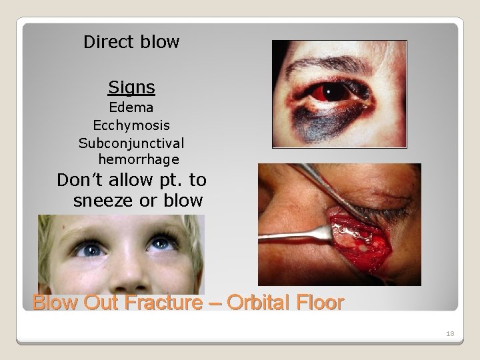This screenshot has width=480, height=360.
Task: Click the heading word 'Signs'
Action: (x=131, y=87)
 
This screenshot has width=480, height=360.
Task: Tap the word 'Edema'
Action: (x=131, y=107)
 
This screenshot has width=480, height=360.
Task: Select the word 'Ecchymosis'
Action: (x=131, y=125)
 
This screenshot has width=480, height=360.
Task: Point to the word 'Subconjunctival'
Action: (x=131, y=142)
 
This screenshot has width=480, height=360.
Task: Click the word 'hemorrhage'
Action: (x=138, y=159)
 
